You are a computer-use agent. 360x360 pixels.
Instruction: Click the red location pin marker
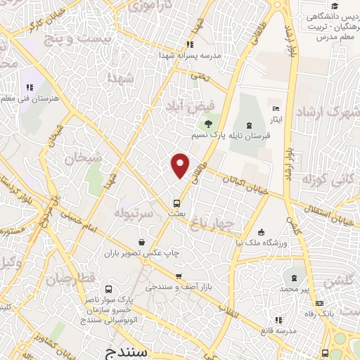181,165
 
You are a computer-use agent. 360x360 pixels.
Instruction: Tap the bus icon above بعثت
177,203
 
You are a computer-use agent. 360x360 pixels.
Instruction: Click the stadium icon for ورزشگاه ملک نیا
262,232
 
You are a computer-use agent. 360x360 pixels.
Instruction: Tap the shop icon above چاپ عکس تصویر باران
142,242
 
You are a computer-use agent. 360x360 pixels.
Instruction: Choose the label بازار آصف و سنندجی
179,288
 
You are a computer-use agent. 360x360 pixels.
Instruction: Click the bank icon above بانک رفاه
320,304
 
